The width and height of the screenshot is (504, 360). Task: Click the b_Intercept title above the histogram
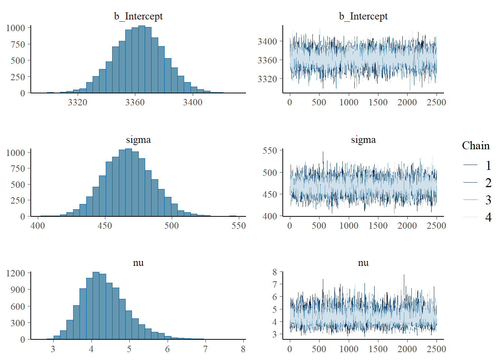tap(138, 16)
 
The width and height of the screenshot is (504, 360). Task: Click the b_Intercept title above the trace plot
tap(363, 16)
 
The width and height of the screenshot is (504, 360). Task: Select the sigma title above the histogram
tap(138, 139)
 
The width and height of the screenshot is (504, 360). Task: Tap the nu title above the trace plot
tap(363, 262)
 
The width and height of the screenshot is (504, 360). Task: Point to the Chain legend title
tap(475, 145)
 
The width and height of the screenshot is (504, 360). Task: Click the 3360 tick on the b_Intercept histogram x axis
tap(135, 102)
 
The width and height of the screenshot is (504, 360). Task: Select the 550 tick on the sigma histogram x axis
tap(238, 226)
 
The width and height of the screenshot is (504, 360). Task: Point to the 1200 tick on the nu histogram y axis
tap(16, 273)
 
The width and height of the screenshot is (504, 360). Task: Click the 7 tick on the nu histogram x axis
tap(205, 349)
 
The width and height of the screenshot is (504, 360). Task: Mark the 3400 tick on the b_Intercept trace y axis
tap(267, 41)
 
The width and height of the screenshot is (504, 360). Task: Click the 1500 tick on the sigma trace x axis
tap(378, 226)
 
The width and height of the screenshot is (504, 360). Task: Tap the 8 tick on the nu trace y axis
tap(275, 272)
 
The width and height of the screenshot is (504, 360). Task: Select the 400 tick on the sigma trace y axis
tap(270, 216)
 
